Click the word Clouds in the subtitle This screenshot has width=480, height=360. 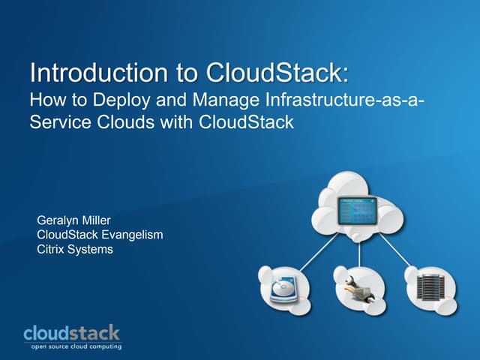point(120,121)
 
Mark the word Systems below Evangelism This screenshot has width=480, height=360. point(91,250)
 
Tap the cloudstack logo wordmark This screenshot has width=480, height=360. point(71,332)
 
